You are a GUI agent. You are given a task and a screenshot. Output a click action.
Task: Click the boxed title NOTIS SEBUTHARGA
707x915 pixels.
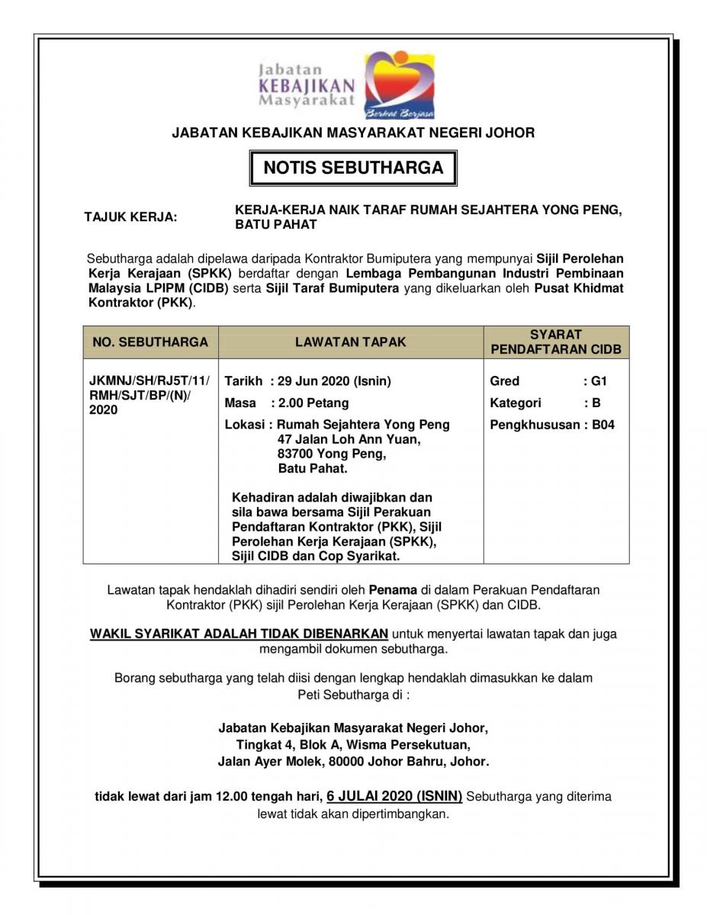[353, 168]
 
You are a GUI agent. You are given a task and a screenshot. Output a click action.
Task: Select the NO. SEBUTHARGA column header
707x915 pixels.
[150, 342]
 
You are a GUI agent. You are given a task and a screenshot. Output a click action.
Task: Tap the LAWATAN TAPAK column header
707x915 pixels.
[351, 342]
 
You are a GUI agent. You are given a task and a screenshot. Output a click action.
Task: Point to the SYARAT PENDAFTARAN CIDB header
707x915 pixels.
[556, 342]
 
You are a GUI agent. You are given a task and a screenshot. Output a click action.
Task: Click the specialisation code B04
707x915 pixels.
[603, 425]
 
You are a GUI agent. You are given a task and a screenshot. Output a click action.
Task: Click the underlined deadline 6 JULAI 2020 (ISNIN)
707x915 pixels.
[394, 796]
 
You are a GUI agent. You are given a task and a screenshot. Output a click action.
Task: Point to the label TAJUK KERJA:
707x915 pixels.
[130, 217]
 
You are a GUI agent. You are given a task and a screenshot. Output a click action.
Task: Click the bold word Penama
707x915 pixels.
[393, 589]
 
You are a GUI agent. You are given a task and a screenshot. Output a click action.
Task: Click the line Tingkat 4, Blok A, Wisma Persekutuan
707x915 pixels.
[353, 744]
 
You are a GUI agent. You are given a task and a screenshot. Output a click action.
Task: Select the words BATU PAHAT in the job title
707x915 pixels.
[276, 225]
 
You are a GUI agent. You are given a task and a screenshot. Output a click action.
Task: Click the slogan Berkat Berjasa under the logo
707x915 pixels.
[400, 113]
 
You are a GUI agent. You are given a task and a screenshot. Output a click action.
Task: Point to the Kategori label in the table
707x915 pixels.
[516, 403]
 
